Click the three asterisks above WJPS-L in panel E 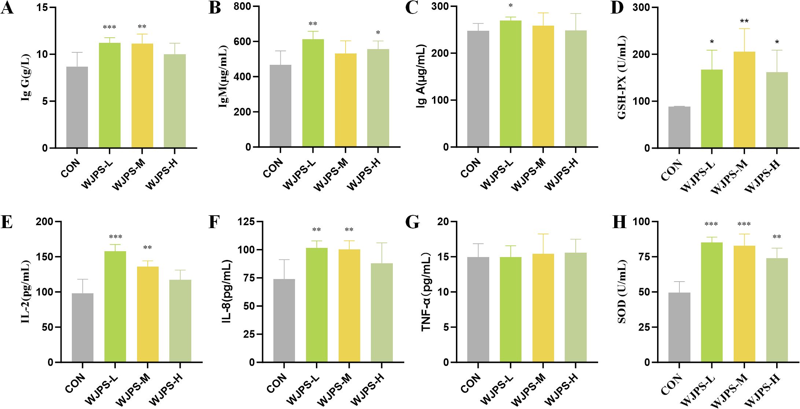[115, 237]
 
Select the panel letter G [413, 222]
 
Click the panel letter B [214, 8]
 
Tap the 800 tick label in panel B [242, 7]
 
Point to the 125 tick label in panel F [246, 222]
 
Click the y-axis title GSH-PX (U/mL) [622, 78]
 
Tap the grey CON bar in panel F [284, 320]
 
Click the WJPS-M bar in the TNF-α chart [543, 308]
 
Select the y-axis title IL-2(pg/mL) [26, 292]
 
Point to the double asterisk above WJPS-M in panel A [142, 27]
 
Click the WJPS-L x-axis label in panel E [102, 390]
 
